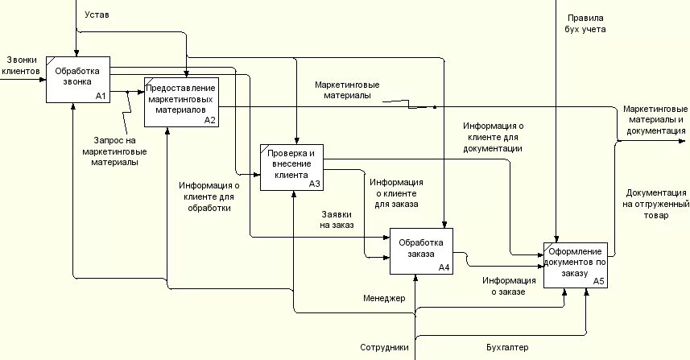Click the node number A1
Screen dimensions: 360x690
pos(101,96)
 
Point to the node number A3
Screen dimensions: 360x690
pos(314,184)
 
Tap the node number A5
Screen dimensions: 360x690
pos(598,281)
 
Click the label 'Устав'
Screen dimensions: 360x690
pos(97,14)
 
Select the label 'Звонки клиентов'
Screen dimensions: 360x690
pos(21,65)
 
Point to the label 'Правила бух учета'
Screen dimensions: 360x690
pos(585,23)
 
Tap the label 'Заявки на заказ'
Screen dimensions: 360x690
pos(337,220)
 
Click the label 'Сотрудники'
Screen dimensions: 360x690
pos(384,348)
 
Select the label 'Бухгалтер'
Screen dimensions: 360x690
pos(507,348)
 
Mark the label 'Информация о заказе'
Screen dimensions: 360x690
pos(504,286)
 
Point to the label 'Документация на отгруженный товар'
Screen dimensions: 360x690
pos(655,205)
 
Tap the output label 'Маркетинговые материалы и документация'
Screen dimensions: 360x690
pos(655,119)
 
